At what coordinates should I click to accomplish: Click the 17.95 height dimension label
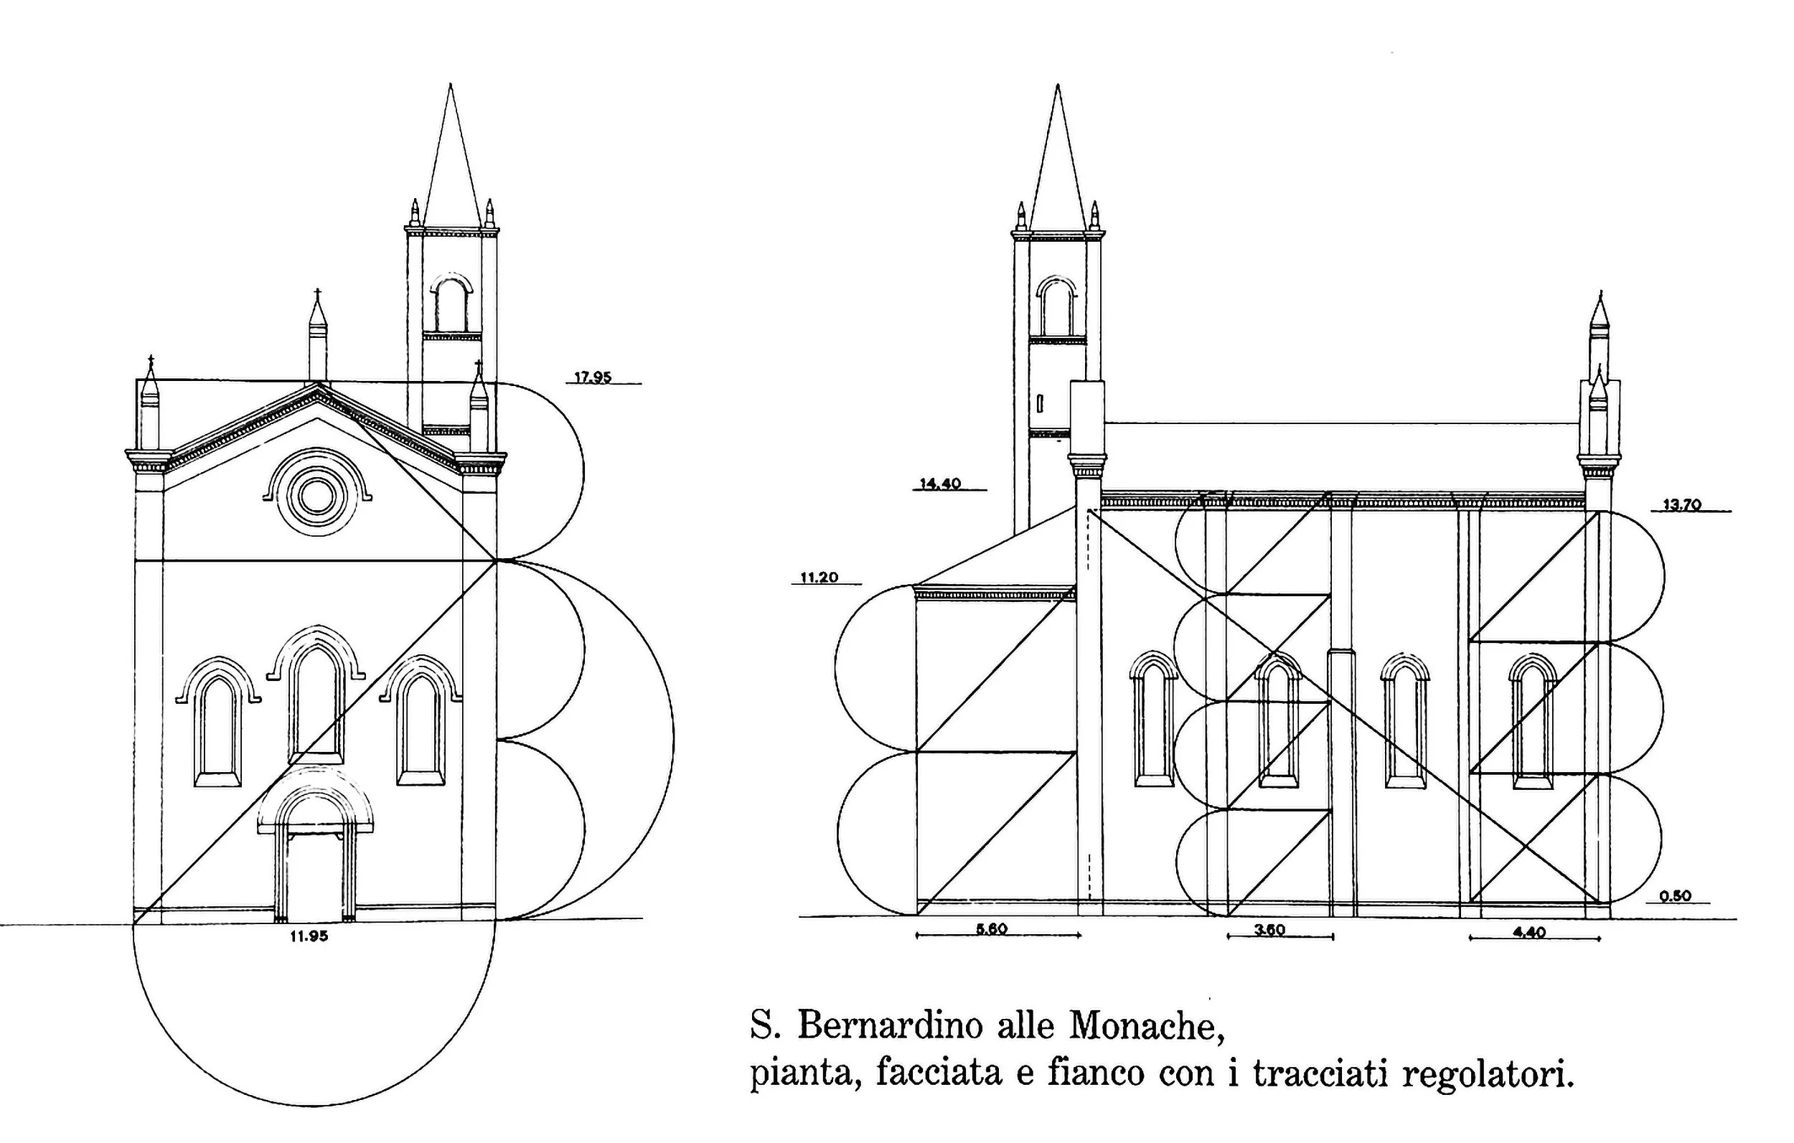click(592, 377)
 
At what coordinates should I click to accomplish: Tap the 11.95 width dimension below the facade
click(309, 936)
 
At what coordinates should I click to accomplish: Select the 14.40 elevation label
click(940, 484)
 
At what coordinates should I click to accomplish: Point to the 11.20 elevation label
click(819, 578)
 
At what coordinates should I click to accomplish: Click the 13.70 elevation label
click(1682, 504)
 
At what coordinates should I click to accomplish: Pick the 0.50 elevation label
click(1676, 895)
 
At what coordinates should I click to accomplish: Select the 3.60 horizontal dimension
click(1269, 930)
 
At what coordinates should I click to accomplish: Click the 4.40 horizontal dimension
click(1529, 931)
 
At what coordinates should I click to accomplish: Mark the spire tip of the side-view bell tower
click(1057, 86)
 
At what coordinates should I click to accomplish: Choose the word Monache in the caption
click(1147, 1026)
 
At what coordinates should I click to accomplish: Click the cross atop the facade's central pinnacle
click(318, 293)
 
